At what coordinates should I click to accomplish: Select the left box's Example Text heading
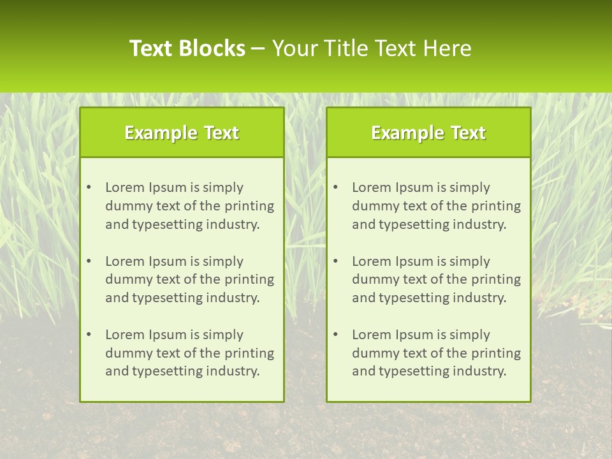182,133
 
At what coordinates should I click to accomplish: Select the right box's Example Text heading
428,133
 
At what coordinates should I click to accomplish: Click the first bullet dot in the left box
89,187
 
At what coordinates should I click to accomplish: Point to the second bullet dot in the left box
89,261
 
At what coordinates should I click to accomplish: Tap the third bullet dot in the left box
89,335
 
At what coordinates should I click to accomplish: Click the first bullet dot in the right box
335,187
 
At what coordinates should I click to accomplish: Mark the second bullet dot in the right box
335,261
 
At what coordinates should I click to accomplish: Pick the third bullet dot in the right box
335,335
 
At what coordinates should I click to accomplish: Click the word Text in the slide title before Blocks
151,48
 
